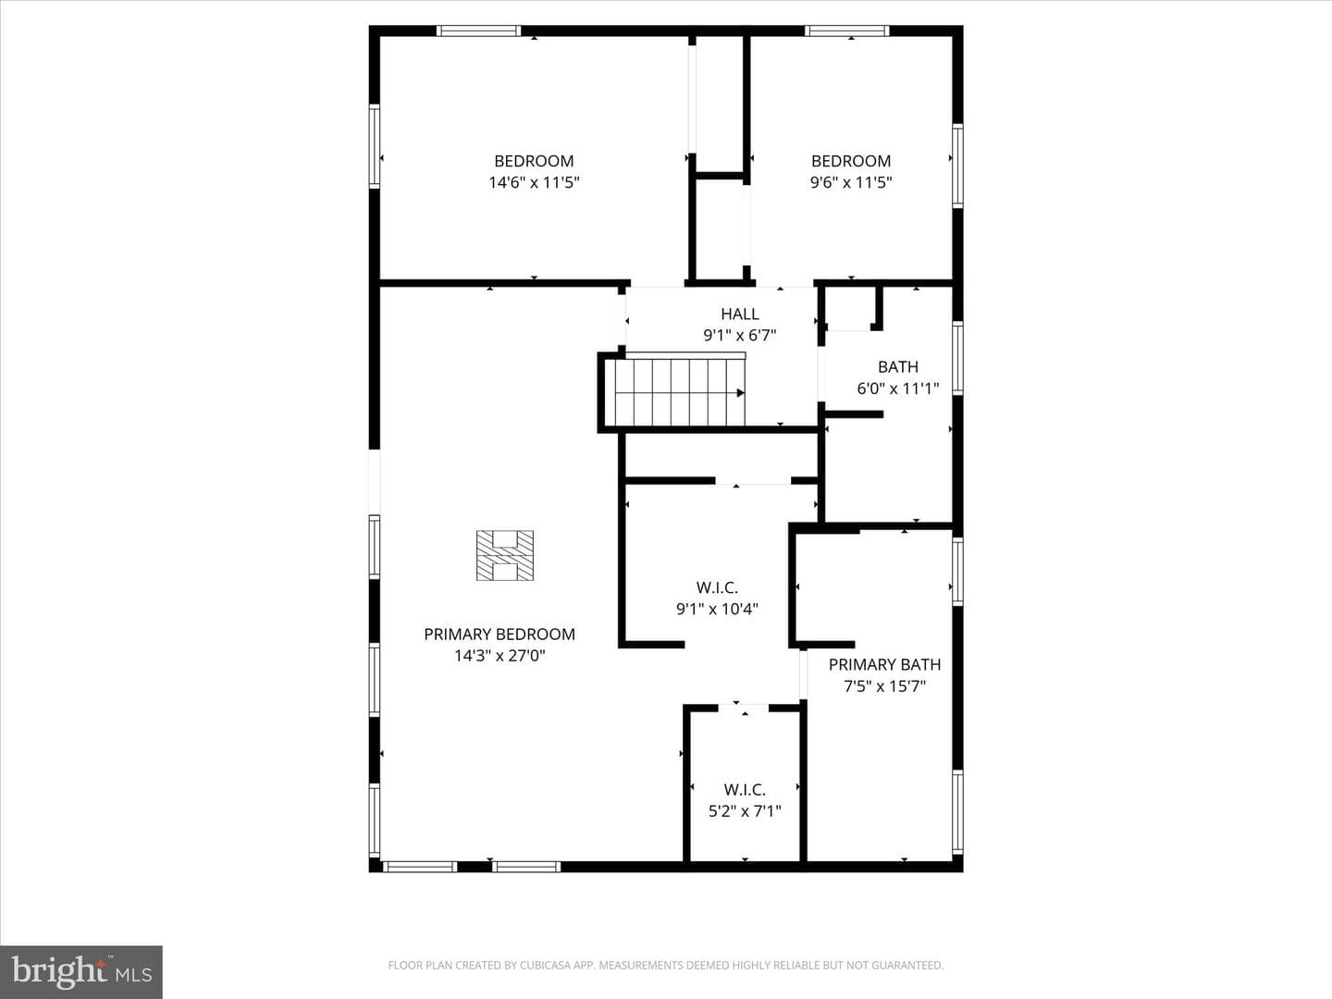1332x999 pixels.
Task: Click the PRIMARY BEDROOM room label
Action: [x=499, y=635]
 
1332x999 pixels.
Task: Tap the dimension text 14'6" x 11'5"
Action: [x=534, y=182]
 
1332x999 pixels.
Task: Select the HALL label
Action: [x=740, y=314]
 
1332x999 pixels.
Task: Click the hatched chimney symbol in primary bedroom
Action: [x=505, y=556]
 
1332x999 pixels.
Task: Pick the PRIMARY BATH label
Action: [x=885, y=665]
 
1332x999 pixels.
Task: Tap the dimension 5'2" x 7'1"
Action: [x=745, y=811]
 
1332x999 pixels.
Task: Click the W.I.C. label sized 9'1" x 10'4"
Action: [x=717, y=587]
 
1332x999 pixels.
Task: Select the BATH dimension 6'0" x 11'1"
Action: [x=898, y=388]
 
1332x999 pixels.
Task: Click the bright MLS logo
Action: [x=81, y=971]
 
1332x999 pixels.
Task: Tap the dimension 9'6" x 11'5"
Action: [x=851, y=182]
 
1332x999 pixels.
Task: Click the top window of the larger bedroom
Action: [x=479, y=31]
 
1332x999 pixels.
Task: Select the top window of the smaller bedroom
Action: [x=847, y=31]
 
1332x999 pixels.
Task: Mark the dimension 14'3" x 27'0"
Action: [x=499, y=656]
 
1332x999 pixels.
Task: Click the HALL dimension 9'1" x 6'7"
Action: [x=740, y=336]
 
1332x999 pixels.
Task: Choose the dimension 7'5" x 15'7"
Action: [x=885, y=686]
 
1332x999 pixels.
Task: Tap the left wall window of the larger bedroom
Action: [x=375, y=146]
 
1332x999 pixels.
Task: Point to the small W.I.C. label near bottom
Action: [x=745, y=790]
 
